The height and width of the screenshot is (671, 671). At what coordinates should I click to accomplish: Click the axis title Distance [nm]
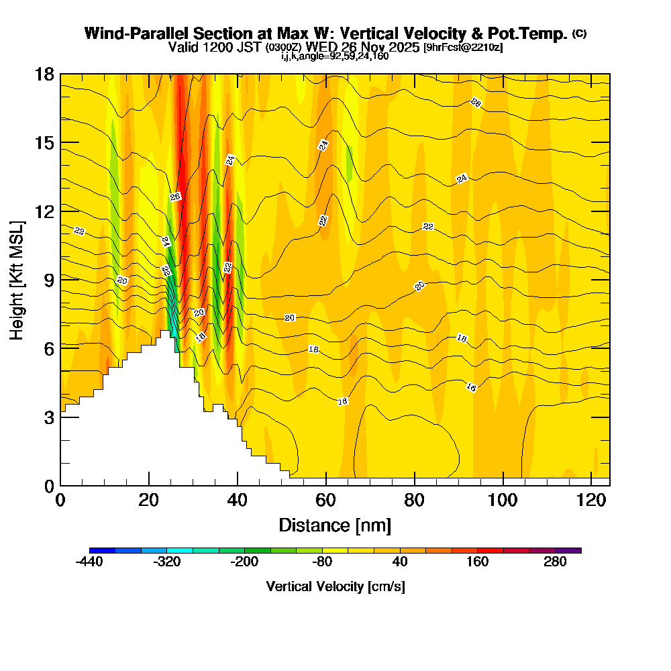click(335, 525)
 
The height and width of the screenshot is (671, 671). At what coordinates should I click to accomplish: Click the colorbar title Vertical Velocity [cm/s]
click(335, 586)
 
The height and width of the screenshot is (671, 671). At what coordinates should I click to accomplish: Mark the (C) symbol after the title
click(579, 34)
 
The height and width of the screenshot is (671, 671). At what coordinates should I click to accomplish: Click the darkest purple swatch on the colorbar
click(568, 550)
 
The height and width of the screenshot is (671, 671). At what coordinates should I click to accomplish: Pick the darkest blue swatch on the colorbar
click(102, 550)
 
